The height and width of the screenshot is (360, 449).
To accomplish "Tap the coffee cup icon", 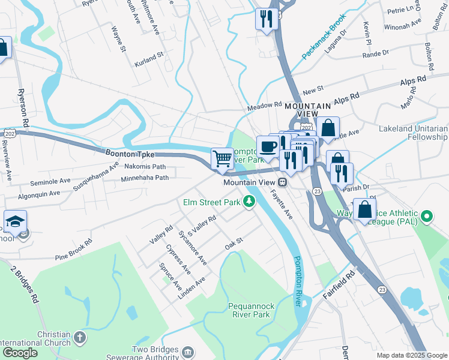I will point(267,146).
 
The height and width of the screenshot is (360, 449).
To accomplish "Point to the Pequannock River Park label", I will point(251,310).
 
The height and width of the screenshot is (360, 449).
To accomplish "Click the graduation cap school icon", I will point(15,221).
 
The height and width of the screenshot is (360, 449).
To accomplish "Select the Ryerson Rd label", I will point(23,109).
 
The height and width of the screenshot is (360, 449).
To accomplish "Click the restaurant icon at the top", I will point(265,18).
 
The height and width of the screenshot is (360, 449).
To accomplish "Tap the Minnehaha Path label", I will point(145,178).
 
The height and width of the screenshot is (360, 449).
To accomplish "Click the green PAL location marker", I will point(427,215).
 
